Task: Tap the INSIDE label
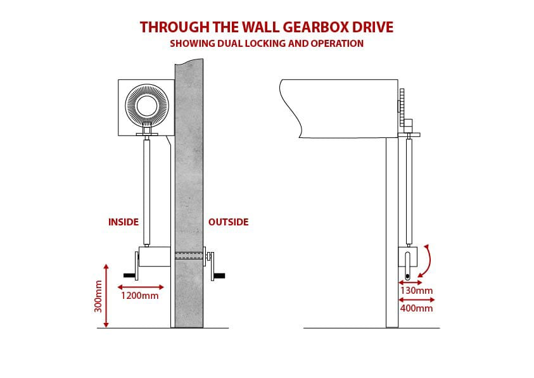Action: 124,222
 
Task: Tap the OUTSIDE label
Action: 228,222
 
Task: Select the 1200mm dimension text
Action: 139,295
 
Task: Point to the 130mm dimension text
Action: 416,291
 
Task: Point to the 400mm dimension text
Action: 416,308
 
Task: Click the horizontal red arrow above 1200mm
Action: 142,286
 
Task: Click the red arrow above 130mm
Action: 411,282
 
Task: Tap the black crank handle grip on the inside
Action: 129,275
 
